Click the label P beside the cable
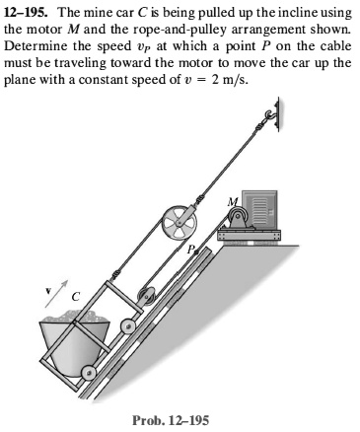click(194, 252)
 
